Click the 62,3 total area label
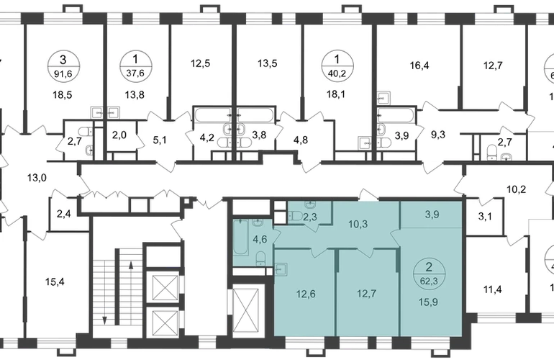pyautogui.click(x=429, y=281)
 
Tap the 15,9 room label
pyautogui.click(x=429, y=302)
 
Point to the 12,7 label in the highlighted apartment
pyautogui.click(x=367, y=294)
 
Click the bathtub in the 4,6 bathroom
pyautogui.click(x=241, y=237)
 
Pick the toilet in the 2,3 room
pyautogui.click(x=295, y=215)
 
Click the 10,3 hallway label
pyautogui.click(x=358, y=224)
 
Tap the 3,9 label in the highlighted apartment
pyautogui.click(x=432, y=215)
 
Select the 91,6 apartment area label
pyautogui.click(x=63, y=73)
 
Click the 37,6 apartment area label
pyautogui.click(x=136, y=73)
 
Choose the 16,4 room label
pyautogui.click(x=419, y=66)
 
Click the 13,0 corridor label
pyautogui.click(x=37, y=178)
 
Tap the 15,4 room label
pyautogui.click(x=55, y=282)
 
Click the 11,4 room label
pyautogui.click(x=493, y=290)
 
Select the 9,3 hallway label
pyautogui.click(x=438, y=135)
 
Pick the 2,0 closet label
pyautogui.click(x=119, y=135)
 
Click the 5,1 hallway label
pyautogui.click(x=159, y=140)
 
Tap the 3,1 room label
pyautogui.click(x=485, y=216)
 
